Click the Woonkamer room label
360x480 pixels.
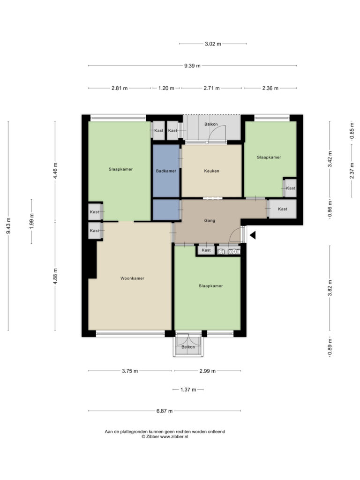pyautogui.click(x=132, y=278)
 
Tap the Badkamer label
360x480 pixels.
pyautogui.click(x=166, y=171)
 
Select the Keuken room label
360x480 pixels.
pyautogui.click(x=211, y=171)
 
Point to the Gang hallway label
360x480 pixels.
pyautogui.click(x=210, y=220)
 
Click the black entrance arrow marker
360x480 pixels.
pyautogui.click(x=252, y=236)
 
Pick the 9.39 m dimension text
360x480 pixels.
pyautogui.click(x=192, y=66)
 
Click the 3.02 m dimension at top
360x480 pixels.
pyautogui.click(x=213, y=44)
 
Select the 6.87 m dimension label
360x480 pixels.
pyautogui.click(x=165, y=411)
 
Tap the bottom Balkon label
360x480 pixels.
pyautogui.click(x=188, y=347)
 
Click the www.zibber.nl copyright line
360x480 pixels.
pyautogui.click(x=165, y=436)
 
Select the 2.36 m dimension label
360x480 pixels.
pyautogui.click(x=270, y=88)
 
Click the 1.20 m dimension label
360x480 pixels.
pyautogui.click(x=166, y=88)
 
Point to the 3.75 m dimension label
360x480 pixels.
pyautogui.click(x=130, y=371)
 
